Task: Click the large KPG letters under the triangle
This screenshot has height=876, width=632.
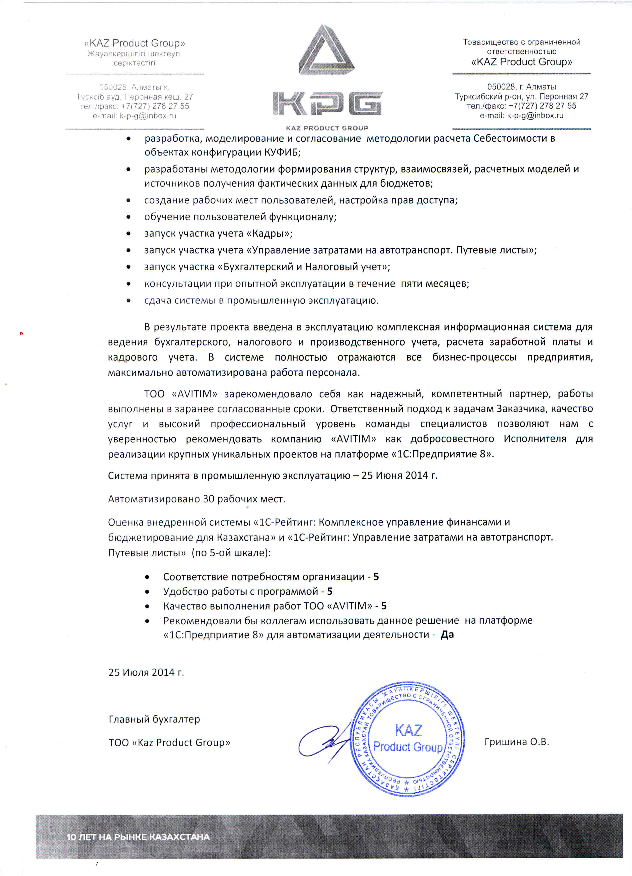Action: coord(327,103)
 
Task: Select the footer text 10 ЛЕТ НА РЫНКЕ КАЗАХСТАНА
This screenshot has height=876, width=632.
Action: coord(138,837)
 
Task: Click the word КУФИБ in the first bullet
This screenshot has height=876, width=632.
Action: coord(281,152)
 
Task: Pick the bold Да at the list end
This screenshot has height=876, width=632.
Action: coord(447,634)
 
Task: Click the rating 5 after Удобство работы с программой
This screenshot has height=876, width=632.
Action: coord(329,591)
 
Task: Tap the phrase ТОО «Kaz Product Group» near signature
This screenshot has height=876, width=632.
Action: coord(169,742)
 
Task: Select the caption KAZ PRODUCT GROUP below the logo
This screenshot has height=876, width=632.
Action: coord(327,128)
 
